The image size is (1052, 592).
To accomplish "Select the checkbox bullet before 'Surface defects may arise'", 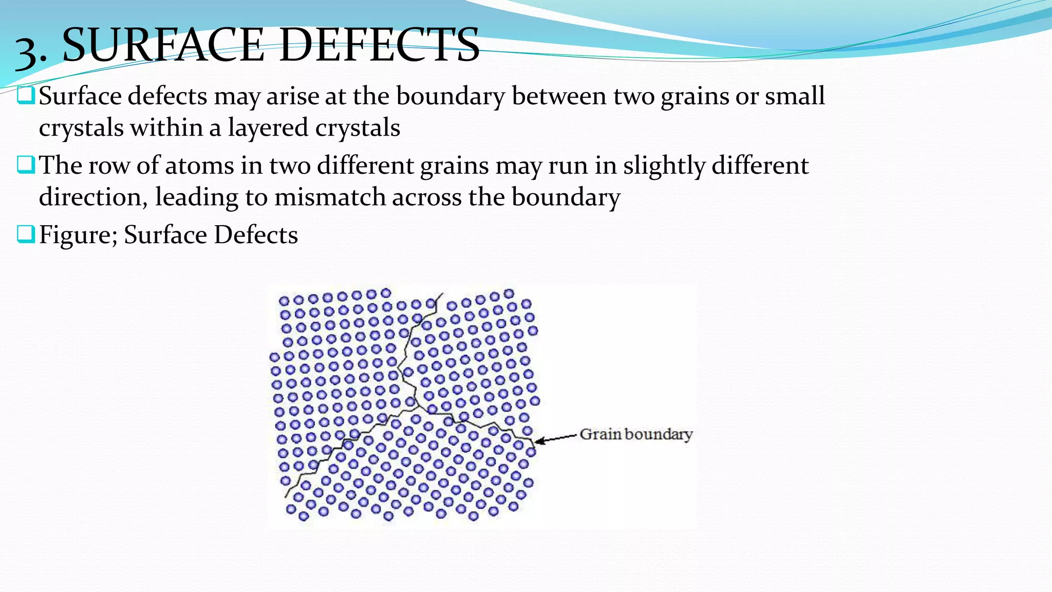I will click(26, 96).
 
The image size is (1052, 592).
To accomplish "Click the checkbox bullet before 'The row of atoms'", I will click(26, 165).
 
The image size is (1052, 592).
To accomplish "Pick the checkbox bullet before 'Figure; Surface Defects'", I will click(26, 234).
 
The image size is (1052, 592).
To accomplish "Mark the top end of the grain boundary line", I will click(442, 294).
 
